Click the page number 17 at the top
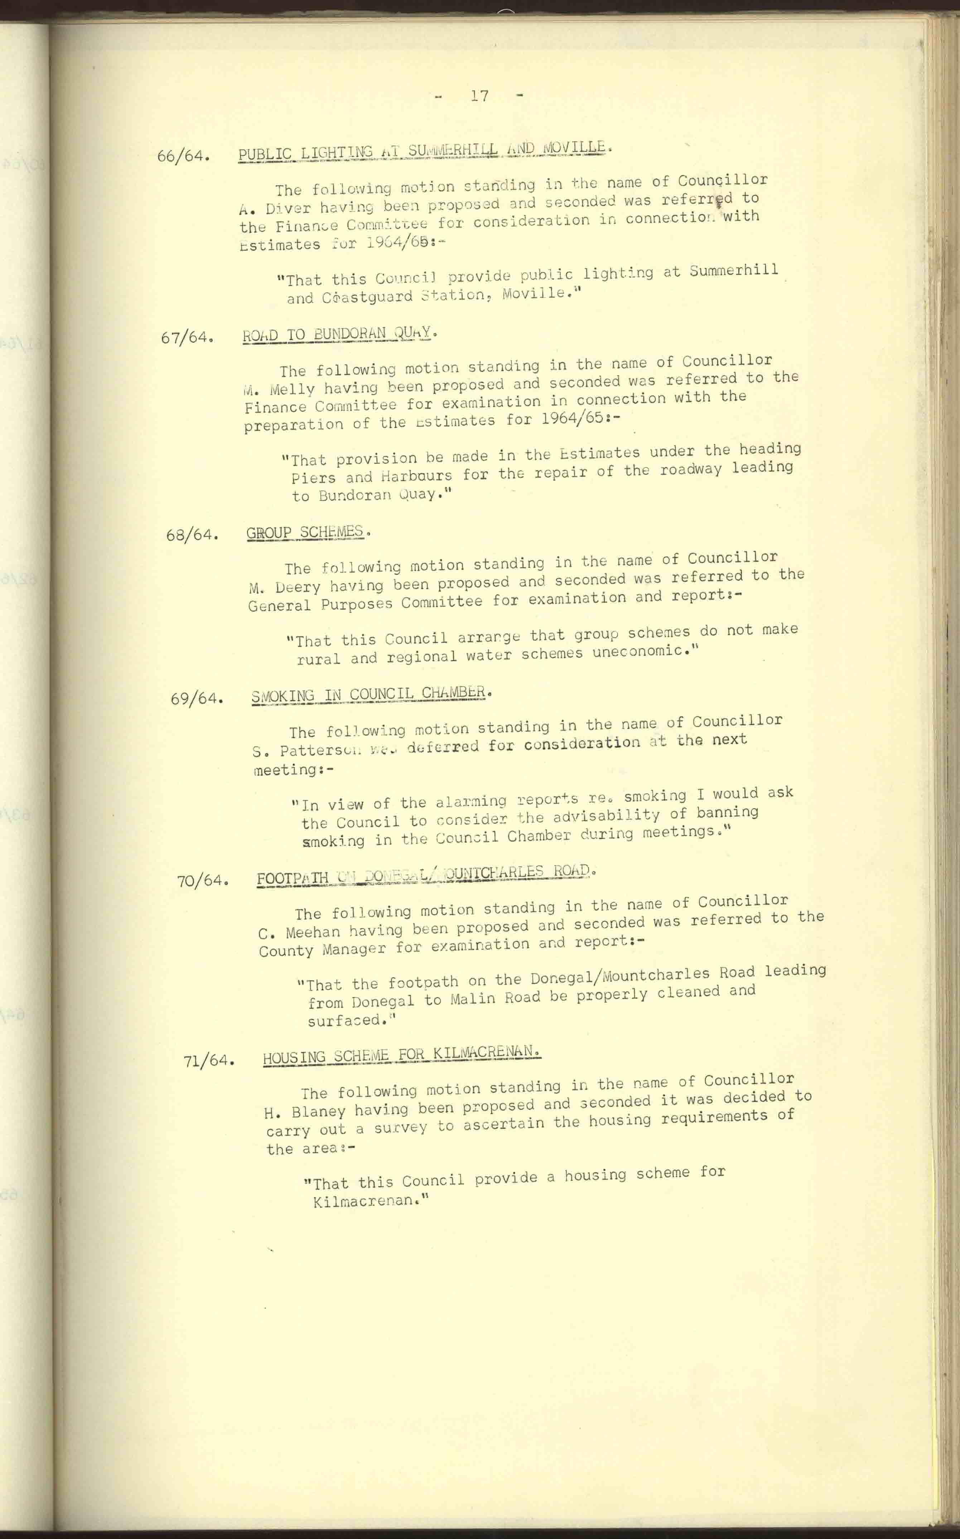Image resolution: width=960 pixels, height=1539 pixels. pos(479,96)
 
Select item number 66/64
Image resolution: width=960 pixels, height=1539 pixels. pos(183,155)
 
